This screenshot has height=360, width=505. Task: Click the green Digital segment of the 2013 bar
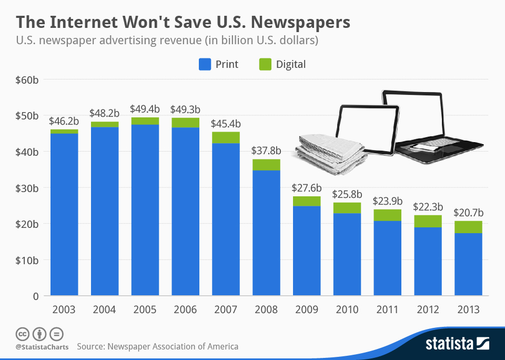click(468, 227)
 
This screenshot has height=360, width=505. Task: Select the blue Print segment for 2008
click(266, 233)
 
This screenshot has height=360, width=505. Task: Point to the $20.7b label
click(468, 214)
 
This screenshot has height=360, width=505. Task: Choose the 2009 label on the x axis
click(307, 310)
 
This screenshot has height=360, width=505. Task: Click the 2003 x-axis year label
click(64, 310)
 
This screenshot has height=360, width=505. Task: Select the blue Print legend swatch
click(205, 65)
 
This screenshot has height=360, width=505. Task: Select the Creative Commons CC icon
click(22, 334)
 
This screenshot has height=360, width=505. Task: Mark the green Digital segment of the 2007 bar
click(226, 137)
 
